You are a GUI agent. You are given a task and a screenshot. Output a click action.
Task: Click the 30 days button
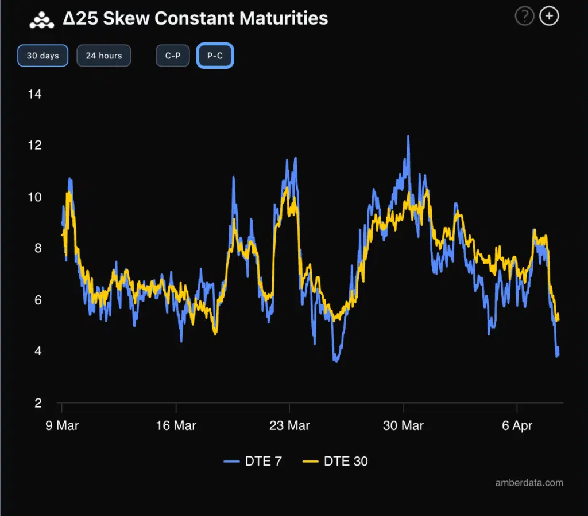[x=42, y=56]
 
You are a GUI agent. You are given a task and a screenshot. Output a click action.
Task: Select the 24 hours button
[x=103, y=56]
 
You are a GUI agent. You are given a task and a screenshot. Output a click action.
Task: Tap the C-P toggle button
[x=173, y=56]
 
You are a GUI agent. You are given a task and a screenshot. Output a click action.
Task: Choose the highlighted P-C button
[x=215, y=56]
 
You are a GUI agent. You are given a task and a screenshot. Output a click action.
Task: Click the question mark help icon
[x=524, y=17]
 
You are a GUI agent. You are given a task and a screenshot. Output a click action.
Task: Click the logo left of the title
[x=41, y=19]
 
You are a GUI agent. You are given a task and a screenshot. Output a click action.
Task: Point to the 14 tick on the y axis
[x=35, y=94]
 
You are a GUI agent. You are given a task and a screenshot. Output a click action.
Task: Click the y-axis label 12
[x=35, y=146]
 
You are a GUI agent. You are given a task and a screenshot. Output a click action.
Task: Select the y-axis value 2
[x=38, y=404]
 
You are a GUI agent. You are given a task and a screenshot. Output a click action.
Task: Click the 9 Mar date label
[x=62, y=425]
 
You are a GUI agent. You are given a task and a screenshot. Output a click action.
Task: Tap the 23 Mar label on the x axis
[x=289, y=425]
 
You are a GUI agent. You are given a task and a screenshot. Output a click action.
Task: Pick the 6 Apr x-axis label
[x=517, y=425]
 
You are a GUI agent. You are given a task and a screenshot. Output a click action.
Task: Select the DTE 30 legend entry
[x=335, y=461]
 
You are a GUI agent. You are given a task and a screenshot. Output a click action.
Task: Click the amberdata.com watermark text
[x=529, y=483]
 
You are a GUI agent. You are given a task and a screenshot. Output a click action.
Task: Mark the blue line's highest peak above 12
[x=408, y=136]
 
